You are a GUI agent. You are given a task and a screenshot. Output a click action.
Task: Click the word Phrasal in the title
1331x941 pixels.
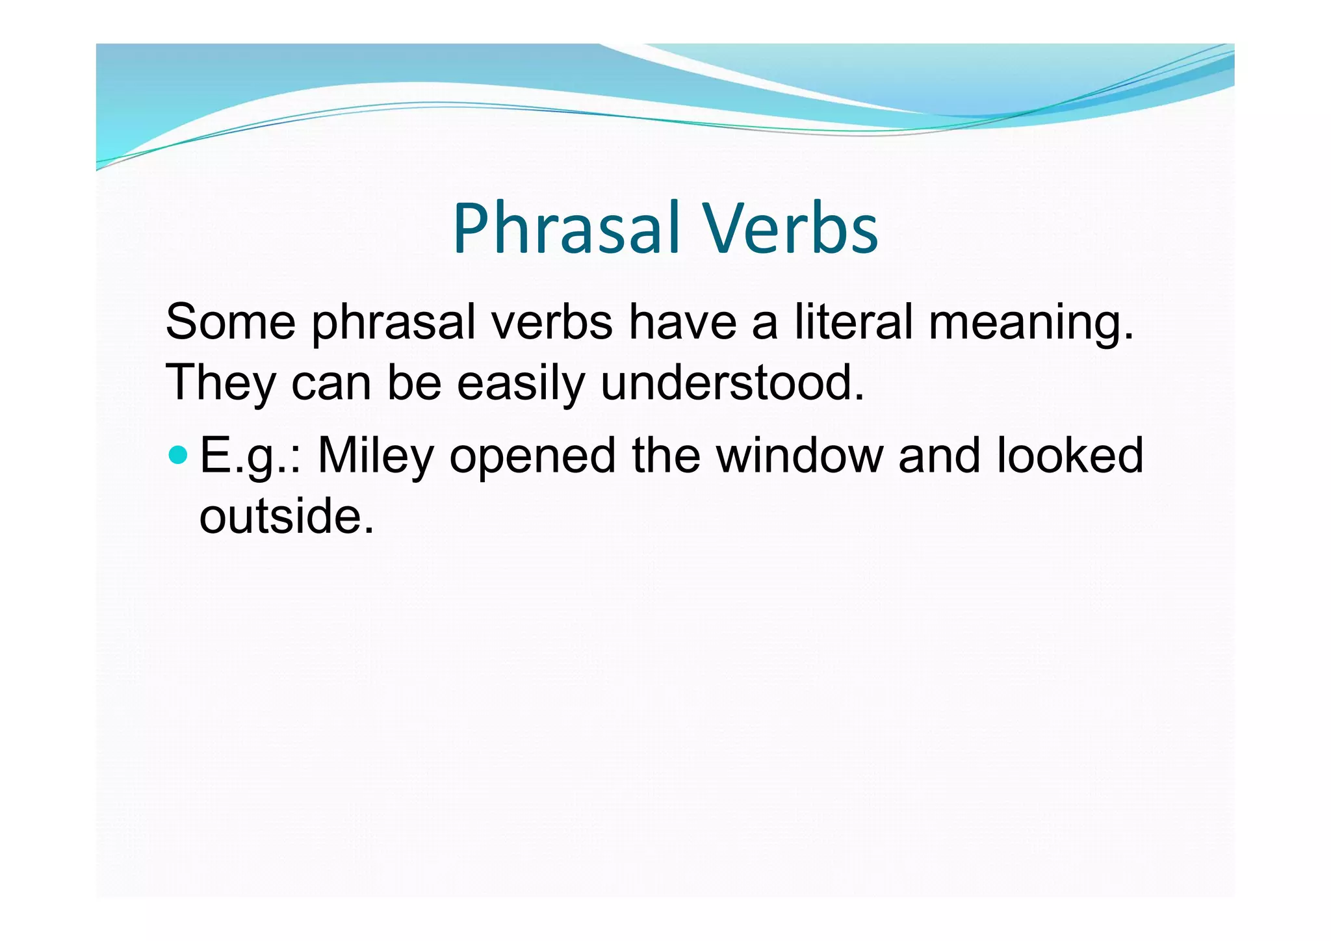point(566,229)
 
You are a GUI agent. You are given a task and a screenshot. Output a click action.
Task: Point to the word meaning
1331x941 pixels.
point(1031,323)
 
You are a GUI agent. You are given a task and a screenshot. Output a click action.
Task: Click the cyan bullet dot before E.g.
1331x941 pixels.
point(177,454)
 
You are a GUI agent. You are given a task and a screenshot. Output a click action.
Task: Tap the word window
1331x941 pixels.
point(799,456)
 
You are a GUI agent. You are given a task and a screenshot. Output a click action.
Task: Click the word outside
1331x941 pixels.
point(286,516)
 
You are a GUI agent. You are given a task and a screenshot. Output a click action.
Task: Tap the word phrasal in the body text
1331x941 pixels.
point(394,323)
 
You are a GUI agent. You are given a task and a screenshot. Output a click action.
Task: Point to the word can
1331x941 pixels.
point(331,383)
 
